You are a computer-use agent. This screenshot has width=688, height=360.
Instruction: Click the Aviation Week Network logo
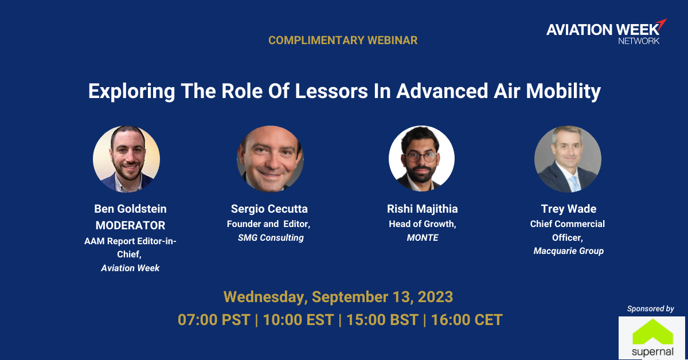607,32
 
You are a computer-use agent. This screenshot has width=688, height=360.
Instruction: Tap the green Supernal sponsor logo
652,338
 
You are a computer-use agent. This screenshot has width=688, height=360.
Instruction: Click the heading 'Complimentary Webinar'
343,40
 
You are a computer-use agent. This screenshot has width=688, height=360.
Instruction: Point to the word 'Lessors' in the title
331,91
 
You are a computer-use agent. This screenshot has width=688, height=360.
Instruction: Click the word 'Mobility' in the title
563,92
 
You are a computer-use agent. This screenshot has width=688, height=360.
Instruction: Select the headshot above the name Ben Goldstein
126,159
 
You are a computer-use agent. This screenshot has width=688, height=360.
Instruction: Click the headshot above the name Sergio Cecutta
270,159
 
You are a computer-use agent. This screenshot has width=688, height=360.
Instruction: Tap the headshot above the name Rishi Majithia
422,159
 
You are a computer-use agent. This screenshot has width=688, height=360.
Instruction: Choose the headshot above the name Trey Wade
568,159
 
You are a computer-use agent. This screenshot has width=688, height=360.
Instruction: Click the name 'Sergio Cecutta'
269,209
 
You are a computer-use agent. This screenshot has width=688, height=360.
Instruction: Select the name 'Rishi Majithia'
423,209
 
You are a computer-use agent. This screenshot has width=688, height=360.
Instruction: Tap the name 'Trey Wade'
569,209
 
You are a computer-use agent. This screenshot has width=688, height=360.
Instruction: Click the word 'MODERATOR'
130,225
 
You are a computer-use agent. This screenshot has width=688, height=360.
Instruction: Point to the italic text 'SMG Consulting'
271,238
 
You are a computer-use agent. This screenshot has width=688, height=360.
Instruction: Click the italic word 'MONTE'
423,238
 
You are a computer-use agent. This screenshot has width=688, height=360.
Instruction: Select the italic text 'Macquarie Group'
569,251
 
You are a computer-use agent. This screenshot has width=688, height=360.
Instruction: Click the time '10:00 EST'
299,320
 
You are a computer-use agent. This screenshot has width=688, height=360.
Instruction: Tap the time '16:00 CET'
467,320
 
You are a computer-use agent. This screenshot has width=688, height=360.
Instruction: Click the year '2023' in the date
435,297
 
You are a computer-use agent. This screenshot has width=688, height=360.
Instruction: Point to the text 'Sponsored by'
651,309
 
